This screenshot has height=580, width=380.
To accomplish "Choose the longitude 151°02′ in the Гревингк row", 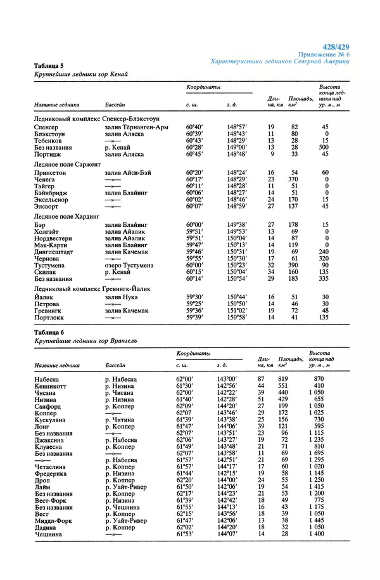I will [x=236, y=311].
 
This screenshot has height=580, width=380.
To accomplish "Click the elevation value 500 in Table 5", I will [x=325, y=147].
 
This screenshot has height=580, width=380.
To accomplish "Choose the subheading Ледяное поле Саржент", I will [x=67, y=164].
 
